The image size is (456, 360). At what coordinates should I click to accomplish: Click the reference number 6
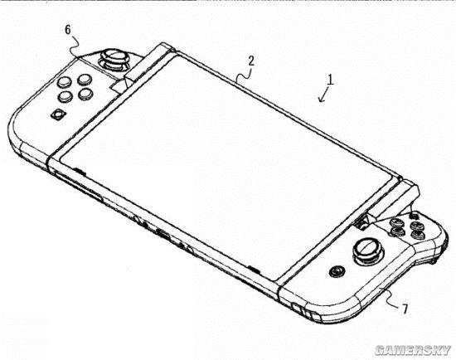tap(68, 30)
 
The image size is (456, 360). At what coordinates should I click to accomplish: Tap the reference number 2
tap(251, 61)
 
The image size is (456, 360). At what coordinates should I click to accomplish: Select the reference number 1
tap(330, 80)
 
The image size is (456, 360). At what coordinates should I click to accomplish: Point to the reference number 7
tap(405, 309)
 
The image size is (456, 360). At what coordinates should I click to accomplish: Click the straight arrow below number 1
tap(323, 95)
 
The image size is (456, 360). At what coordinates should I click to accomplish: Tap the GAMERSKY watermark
tap(413, 350)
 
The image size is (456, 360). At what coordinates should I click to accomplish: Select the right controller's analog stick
tap(366, 251)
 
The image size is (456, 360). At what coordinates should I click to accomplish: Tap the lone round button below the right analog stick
tap(337, 271)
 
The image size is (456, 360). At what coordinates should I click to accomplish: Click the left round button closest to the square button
tap(65, 96)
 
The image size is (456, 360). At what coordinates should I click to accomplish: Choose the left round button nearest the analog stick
tap(85, 79)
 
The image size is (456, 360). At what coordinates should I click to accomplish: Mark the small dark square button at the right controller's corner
tap(413, 216)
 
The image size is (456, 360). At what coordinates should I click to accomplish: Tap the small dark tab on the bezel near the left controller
tap(80, 171)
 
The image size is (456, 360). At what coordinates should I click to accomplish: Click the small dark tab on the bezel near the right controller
tap(254, 269)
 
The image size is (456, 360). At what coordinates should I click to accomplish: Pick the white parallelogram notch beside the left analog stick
tap(119, 85)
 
